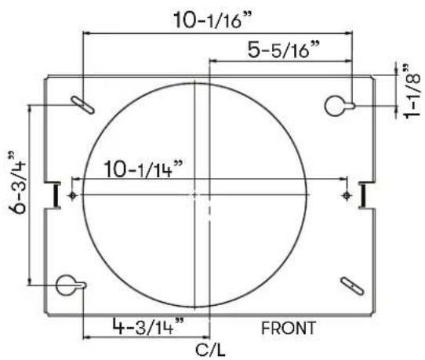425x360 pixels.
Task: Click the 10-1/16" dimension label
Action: coord(212,20)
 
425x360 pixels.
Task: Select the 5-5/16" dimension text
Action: coord(284,49)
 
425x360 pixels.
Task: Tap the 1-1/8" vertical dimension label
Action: coord(412,91)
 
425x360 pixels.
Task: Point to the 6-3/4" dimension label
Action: coord(17,182)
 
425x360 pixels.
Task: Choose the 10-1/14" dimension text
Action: coord(143,169)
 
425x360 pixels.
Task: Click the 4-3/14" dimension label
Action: coord(148,325)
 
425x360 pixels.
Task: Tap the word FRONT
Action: coord(289,328)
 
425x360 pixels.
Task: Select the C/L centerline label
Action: coord(210,351)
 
